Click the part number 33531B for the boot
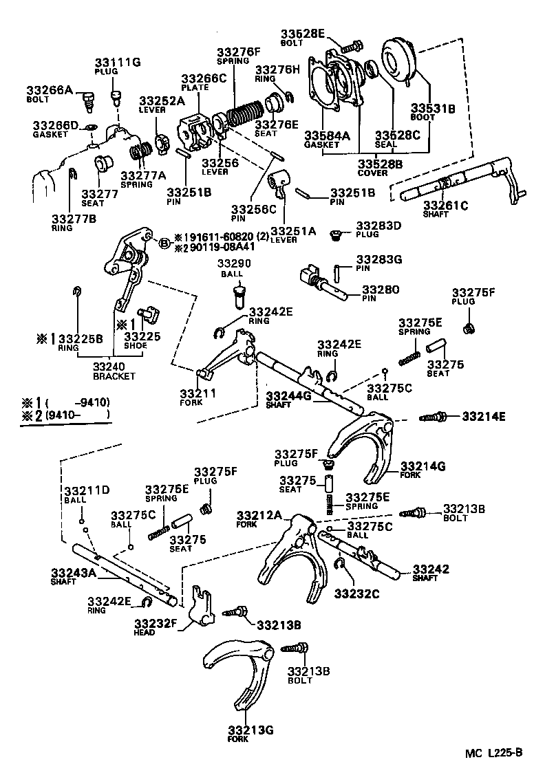coord(434,108)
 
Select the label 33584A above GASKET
coord(323,135)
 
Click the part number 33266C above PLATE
coord(204,78)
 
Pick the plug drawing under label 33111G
coord(116,91)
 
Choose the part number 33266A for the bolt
coord(50,89)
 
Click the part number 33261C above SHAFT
coord(445,205)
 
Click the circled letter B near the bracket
coord(164,243)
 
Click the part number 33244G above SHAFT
coord(288,395)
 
